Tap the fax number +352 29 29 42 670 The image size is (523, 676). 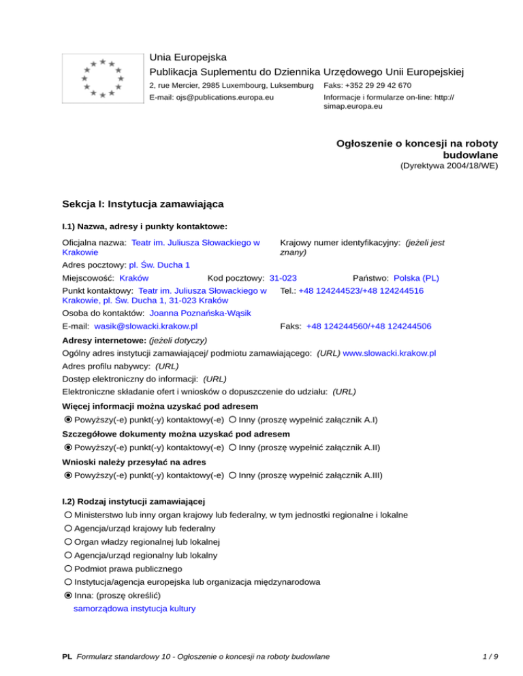(367, 86)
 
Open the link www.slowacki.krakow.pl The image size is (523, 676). (390, 354)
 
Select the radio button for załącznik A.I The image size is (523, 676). (233, 420)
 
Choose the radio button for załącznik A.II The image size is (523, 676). (233, 447)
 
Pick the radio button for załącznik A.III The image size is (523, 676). (233, 475)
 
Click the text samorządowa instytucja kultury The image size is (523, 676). (134, 609)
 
